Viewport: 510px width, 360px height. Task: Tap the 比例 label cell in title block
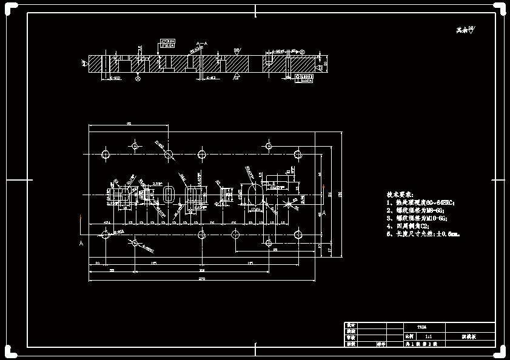411,335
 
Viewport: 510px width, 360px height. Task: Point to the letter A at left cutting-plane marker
81,242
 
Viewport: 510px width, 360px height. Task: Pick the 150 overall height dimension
340,194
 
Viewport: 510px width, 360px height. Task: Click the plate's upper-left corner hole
106,155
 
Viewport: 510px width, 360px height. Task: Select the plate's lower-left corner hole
106,234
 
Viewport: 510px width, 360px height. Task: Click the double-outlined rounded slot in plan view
169,194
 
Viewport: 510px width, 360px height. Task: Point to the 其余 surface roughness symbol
465,29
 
